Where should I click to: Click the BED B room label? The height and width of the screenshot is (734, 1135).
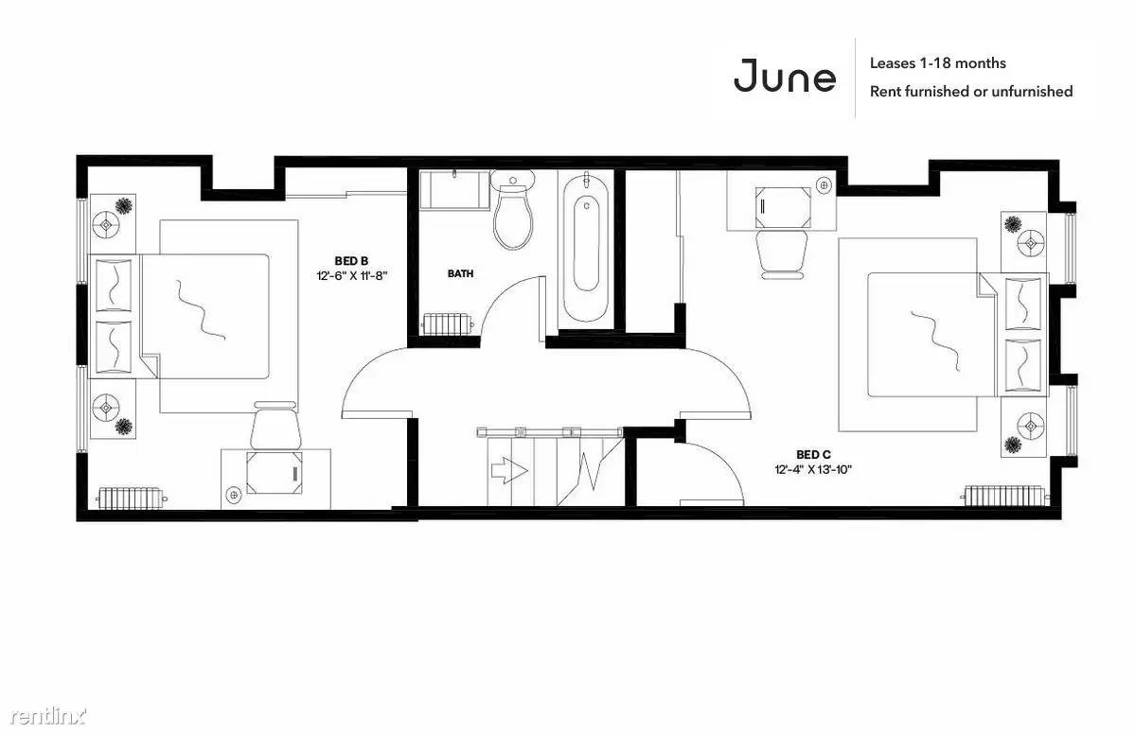[x=352, y=260]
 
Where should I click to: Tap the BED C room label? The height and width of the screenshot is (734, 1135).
[x=813, y=455]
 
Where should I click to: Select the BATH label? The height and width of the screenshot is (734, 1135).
[x=460, y=273]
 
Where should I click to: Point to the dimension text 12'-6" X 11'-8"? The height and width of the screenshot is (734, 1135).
[x=352, y=275]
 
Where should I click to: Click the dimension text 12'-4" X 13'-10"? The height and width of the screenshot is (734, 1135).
[x=813, y=469]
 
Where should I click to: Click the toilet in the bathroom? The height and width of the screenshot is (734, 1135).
[x=512, y=210]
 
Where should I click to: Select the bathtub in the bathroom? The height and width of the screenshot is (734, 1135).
[x=586, y=247]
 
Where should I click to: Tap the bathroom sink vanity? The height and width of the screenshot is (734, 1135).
[x=453, y=189]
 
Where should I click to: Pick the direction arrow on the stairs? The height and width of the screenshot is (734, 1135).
[x=509, y=471]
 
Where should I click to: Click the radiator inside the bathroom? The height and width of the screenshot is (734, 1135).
[x=447, y=323]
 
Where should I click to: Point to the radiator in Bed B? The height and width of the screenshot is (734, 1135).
[x=133, y=498]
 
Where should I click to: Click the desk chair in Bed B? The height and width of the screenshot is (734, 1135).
[x=275, y=427]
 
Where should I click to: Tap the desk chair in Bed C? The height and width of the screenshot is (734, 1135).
[x=781, y=253]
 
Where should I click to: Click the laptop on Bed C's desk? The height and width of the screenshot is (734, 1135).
[x=783, y=207]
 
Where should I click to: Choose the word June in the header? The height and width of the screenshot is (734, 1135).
[x=785, y=76]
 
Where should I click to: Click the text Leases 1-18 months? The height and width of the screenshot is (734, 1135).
[x=937, y=63]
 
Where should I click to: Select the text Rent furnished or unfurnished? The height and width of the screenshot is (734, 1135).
[x=970, y=91]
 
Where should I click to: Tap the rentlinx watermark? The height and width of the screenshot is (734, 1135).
[x=47, y=716]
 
